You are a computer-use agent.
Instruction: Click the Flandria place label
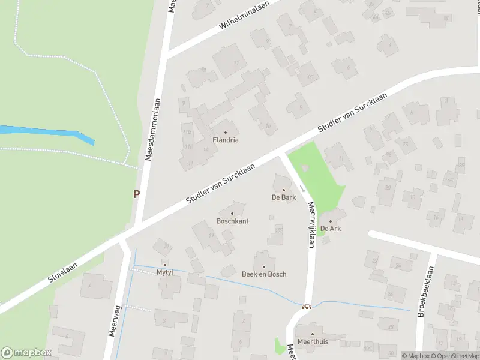(x=226, y=140)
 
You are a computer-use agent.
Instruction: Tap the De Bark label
(x=284, y=197)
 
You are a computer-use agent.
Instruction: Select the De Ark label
(x=331, y=229)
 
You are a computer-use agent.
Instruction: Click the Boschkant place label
(x=232, y=221)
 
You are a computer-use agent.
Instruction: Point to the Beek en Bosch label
(x=264, y=274)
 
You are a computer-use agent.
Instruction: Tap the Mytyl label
(x=164, y=272)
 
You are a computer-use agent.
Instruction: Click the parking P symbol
(x=136, y=194)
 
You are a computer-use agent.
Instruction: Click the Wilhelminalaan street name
(x=245, y=16)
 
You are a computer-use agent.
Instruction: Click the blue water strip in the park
(x=48, y=133)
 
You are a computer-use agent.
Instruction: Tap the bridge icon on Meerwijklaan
(x=307, y=307)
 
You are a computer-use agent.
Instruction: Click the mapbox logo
(x=26, y=353)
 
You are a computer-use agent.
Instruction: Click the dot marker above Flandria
(x=226, y=132)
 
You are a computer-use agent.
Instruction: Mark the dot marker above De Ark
(x=331, y=221)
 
